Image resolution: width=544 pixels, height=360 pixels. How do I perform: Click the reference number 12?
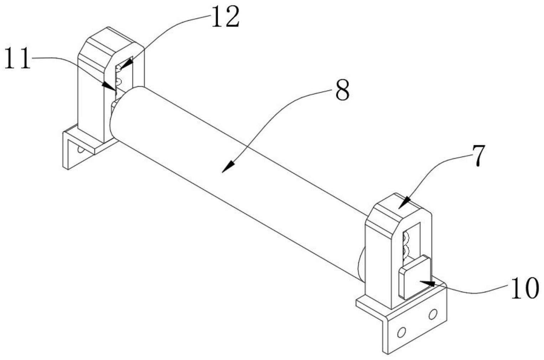225,18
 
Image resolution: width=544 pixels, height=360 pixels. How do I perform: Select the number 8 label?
342,91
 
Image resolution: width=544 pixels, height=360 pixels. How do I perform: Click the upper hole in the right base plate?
432,314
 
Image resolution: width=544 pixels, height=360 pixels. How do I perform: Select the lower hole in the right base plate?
401,332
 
